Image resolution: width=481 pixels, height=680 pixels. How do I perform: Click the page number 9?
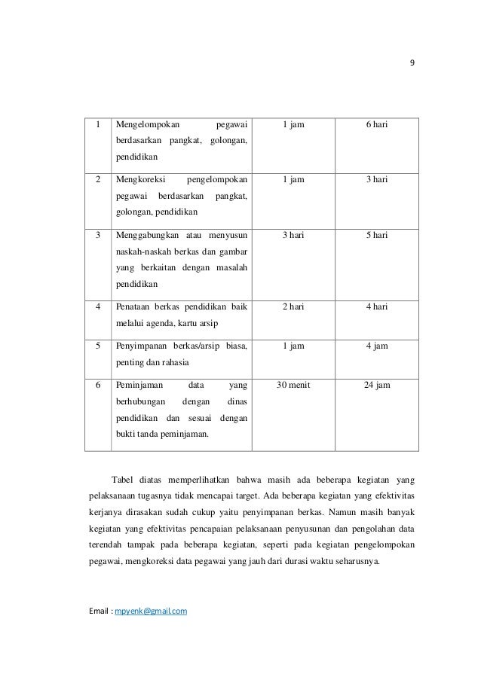click(412, 63)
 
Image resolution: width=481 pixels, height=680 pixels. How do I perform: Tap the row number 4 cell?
click(97, 306)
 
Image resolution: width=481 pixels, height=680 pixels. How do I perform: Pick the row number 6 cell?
click(97, 385)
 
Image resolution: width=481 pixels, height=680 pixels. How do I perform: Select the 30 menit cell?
click(293, 385)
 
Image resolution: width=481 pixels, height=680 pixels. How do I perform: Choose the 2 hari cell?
click(293, 306)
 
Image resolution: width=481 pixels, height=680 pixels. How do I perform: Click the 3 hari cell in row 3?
click(293, 235)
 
